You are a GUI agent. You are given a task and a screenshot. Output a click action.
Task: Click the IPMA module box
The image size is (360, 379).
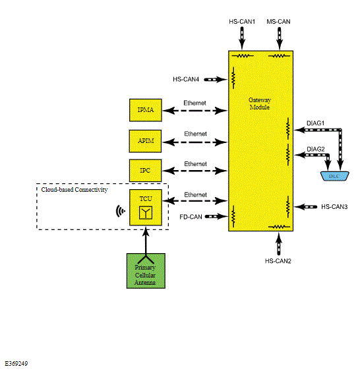coord(145,110)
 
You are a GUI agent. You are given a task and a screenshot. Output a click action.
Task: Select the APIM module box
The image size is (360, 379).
coord(145,141)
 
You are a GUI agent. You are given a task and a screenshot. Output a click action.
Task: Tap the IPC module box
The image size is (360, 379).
coord(145,171)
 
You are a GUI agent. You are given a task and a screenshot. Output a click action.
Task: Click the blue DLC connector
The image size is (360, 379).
coord(334,176)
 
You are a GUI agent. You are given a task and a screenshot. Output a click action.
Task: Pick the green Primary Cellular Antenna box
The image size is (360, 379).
coord(146,271)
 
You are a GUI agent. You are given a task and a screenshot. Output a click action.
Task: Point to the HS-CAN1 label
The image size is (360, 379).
coord(242,22)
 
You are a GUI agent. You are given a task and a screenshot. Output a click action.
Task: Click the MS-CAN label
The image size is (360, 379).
coord(278,22)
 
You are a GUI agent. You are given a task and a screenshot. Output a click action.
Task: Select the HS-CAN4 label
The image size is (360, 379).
coord(186,79)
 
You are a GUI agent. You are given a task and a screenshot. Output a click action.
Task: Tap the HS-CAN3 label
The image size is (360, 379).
coord(334,207)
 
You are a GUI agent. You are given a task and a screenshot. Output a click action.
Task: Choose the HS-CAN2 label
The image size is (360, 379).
coord(278,261)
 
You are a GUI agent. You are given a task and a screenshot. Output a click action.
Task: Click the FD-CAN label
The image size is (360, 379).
coord(191,217)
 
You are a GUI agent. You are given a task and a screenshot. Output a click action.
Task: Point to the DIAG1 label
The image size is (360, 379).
coord(315,123)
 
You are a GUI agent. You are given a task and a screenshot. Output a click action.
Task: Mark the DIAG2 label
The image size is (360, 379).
coord(316,149)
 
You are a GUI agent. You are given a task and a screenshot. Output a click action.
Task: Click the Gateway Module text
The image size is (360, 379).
coord(260,103)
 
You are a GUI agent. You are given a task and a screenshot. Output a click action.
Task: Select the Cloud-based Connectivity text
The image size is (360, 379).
coord(75,190)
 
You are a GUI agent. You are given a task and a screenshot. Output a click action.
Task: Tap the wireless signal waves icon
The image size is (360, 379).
coord(121,212)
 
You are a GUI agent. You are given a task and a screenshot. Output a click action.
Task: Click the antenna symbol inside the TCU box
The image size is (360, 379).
coord(146,213)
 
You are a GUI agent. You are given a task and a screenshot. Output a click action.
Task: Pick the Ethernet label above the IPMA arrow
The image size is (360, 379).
coord(195,103)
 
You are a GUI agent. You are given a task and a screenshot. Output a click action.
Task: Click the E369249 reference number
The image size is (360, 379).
coord(16,364)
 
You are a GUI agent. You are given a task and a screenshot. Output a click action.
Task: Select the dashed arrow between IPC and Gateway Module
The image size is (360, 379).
coord(195,171)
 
